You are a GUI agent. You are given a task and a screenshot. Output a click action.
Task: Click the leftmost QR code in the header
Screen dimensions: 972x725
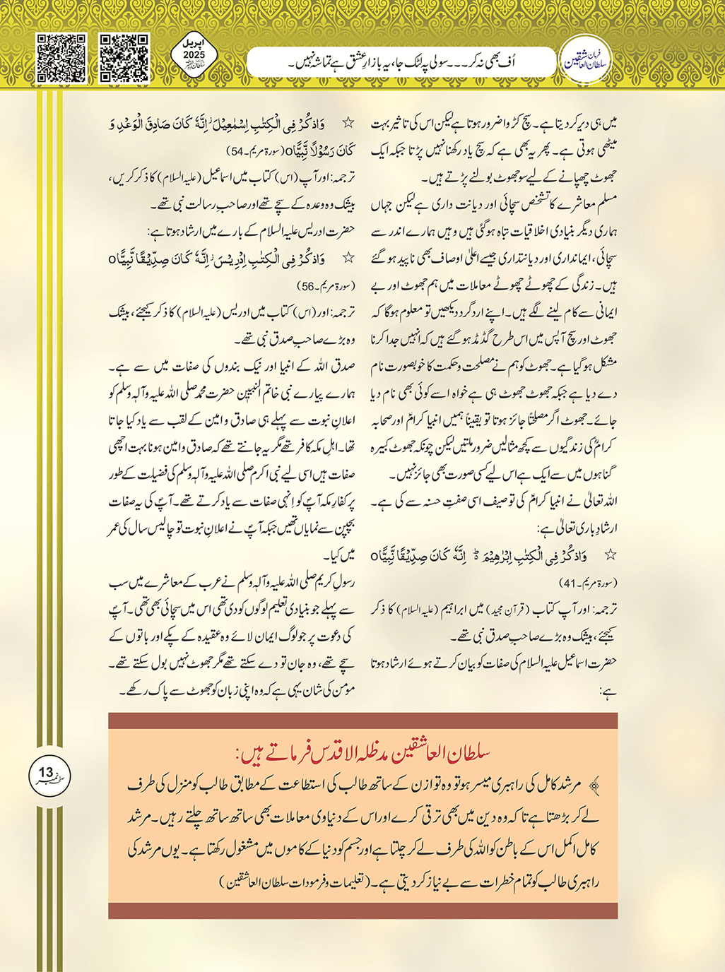point(61,59)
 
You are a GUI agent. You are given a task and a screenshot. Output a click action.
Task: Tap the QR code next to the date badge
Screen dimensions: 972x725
point(124,59)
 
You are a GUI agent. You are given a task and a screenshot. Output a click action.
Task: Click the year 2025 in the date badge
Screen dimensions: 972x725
point(194,54)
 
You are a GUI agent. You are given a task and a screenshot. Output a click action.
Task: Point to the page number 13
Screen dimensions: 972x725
point(46,774)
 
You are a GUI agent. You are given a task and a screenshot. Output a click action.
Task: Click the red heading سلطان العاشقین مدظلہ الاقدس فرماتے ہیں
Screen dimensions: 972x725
point(362,753)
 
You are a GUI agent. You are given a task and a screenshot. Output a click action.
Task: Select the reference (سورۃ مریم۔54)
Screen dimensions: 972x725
point(255,150)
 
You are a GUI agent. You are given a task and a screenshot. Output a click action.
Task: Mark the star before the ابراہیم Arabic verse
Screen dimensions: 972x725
point(611,555)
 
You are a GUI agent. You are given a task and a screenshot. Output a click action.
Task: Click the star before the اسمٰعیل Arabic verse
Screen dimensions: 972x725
point(347,123)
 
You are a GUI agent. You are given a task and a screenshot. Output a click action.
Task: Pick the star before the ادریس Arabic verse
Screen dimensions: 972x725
point(347,259)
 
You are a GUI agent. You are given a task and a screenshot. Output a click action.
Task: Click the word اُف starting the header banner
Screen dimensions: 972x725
point(525,62)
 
